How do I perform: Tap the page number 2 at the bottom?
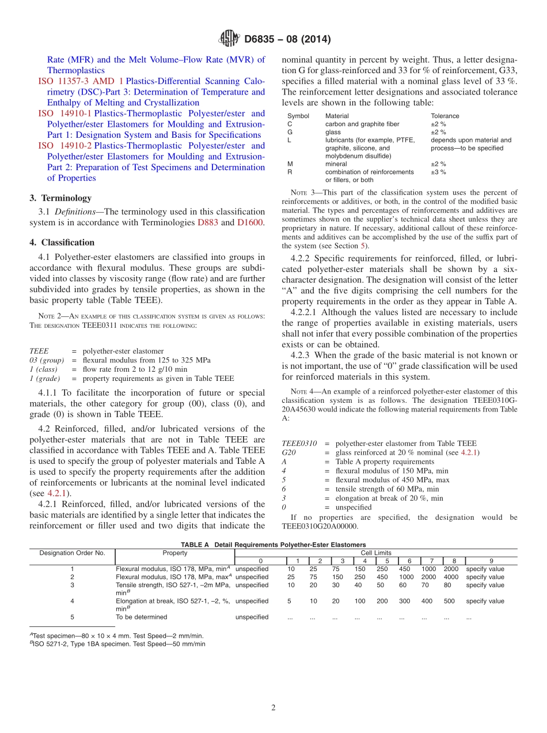(x=273, y=708)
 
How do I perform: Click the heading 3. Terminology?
(x=60, y=198)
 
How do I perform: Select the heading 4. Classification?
(x=62, y=243)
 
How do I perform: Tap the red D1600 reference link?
(x=250, y=222)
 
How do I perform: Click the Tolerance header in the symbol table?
(x=445, y=116)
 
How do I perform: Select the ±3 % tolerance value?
(x=438, y=172)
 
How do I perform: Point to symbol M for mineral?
(x=290, y=164)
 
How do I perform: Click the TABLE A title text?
(x=273, y=545)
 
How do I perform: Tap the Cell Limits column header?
(x=376, y=553)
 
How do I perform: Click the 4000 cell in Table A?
(x=451, y=577)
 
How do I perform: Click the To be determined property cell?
(x=142, y=617)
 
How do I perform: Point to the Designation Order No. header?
(x=72, y=553)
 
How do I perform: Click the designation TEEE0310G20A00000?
(x=320, y=526)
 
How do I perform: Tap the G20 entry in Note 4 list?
(x=289, y=452)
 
